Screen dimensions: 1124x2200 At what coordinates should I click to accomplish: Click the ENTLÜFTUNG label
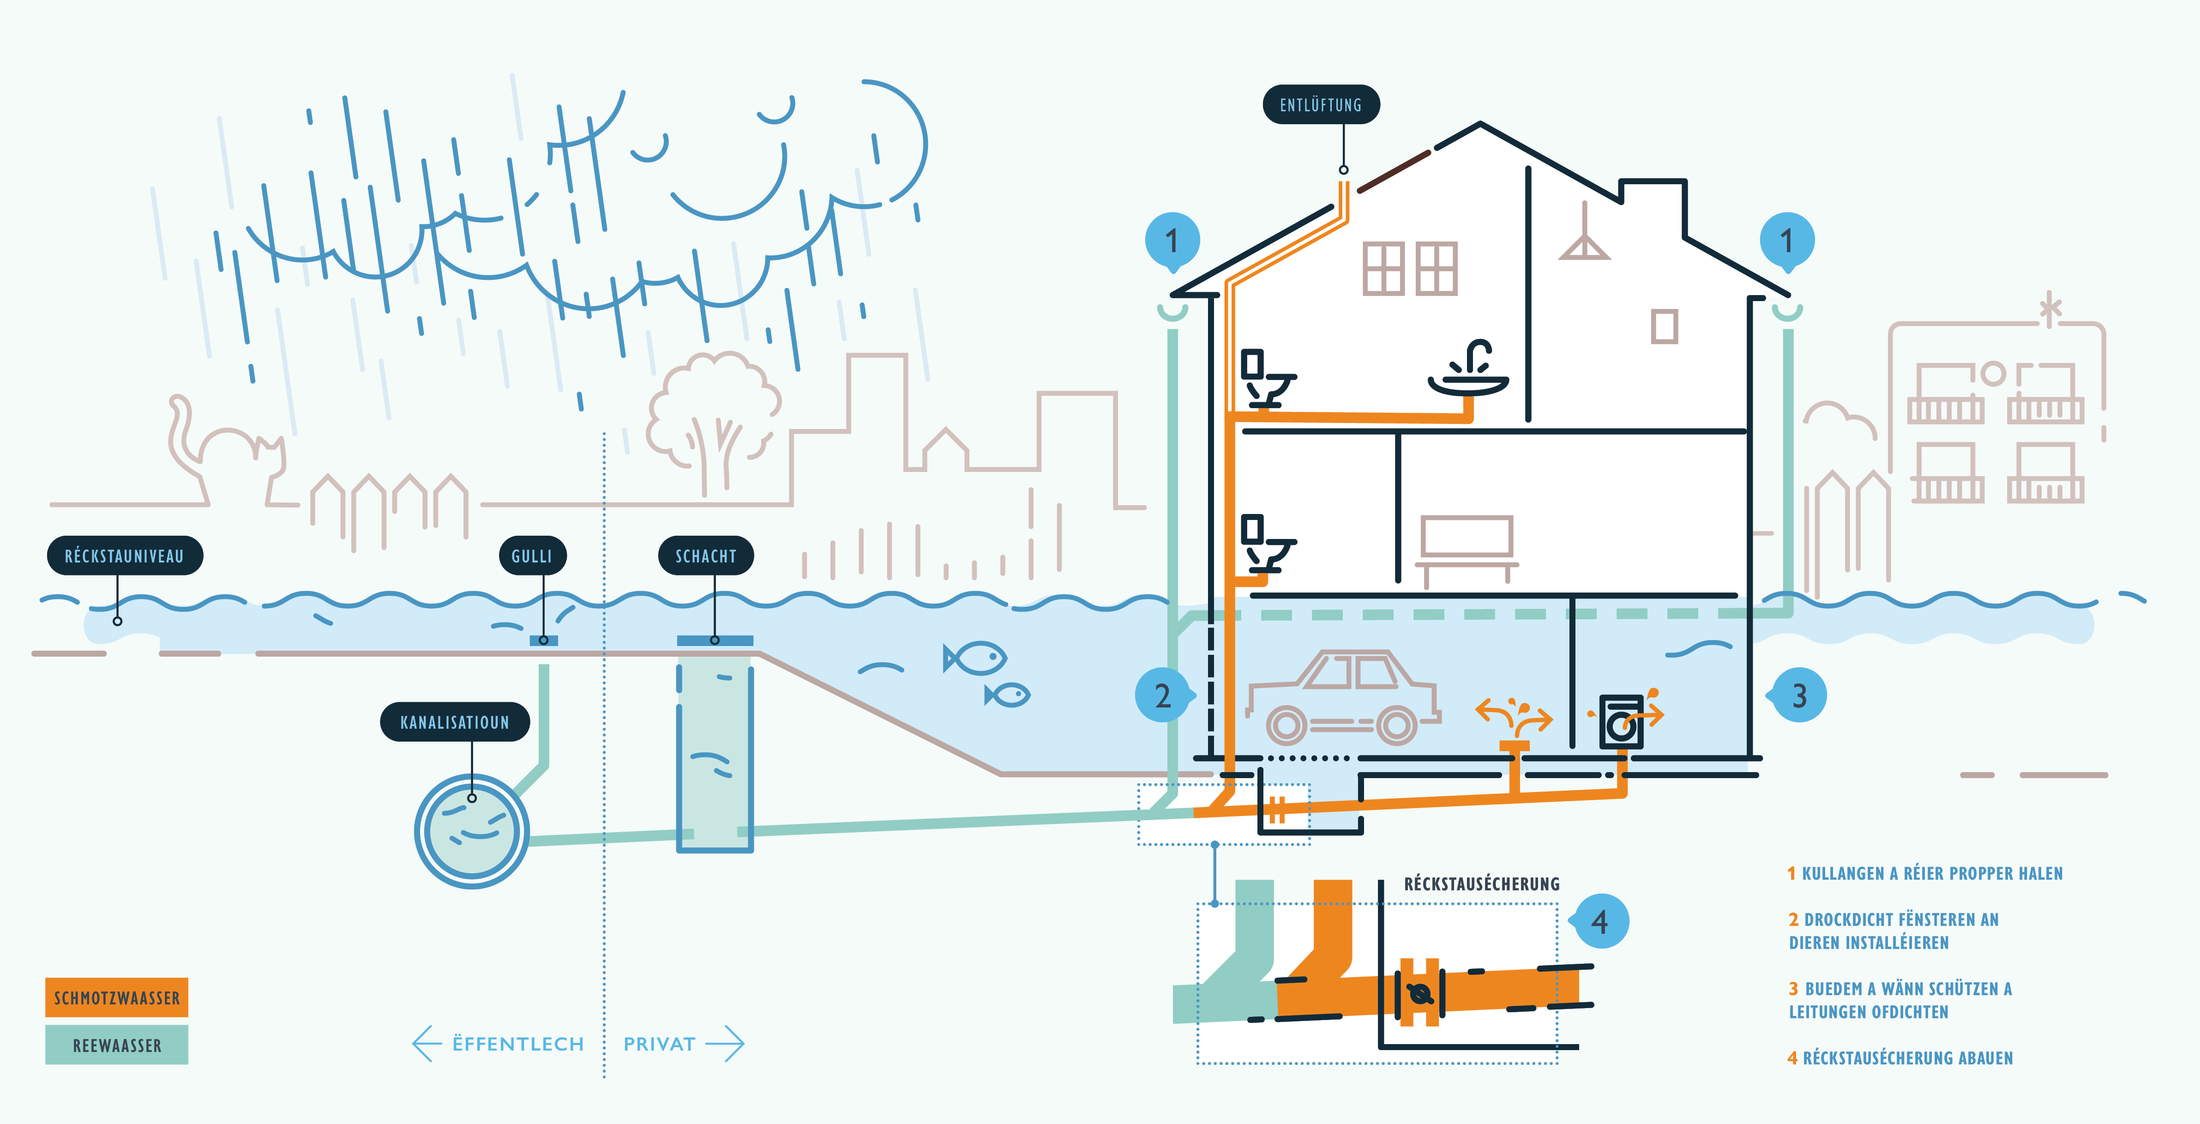pos(1320,105)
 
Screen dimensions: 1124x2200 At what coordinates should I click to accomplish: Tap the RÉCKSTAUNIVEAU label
pos(125,556)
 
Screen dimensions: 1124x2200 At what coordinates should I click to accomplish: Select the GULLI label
pos(532,556)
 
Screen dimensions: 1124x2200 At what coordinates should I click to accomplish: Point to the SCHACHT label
pos(705,556)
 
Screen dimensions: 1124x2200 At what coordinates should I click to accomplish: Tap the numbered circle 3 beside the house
pos(1798,696)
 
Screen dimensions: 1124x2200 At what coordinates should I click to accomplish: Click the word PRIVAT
pos(659,1044)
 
